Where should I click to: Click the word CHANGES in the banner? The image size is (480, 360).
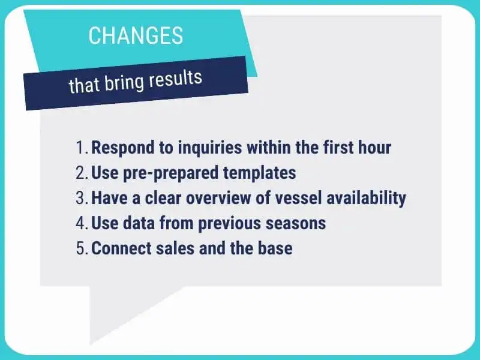click(x=136, y=35)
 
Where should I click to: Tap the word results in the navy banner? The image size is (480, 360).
click(x=175, y=79)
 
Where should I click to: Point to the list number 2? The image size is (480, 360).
click(x=82, y=173)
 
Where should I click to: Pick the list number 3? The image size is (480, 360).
click(x=82, y=198)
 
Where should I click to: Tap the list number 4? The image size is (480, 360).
click(x=82, y=223)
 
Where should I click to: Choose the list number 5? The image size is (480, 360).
click(x=82, y=248)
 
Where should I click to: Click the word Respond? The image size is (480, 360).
click(x=123, y=148)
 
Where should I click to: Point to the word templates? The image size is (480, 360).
click(x=260, y=173)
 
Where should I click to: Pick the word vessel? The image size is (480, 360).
click(x=298, y=198)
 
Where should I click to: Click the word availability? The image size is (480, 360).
click(x=366, y=199)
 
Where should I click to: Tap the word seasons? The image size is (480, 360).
click(x=296, y=223)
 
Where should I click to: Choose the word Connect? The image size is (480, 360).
click(x=122, y=248)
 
